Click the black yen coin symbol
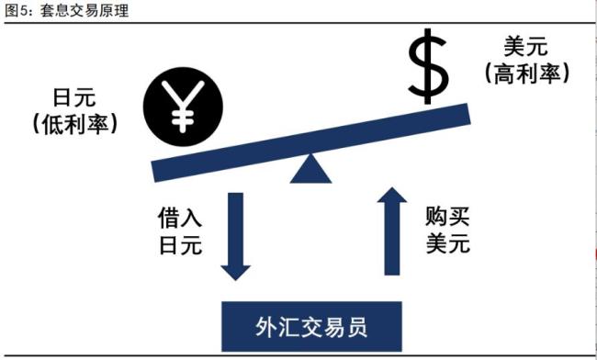click(181, 107)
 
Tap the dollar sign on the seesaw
click(428, 66)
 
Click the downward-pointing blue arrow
click(235, 234)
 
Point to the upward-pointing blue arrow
click(393, 231)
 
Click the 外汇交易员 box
click(314, 326)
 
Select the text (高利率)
click(524, 73)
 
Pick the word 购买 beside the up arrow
click(447, 218)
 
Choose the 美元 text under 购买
click(447, 243)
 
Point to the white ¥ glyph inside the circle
click(181, 107)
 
